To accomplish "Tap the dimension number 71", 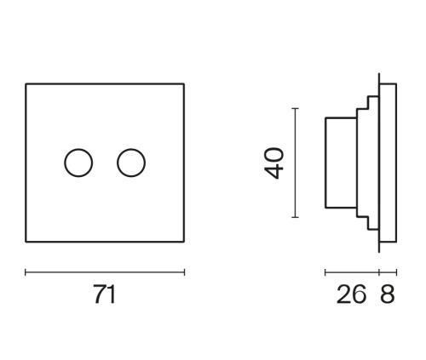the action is click(x=105, y=294).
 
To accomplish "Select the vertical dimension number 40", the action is click(x=273, y=163).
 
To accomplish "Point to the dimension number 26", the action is click(x=351, y=294).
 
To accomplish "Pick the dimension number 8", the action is click(x=388, y=294).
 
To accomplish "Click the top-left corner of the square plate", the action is click(x=26, y=83).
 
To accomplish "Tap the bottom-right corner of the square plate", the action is click(x=184, y=242).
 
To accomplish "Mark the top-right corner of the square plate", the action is click(x=184, y=83).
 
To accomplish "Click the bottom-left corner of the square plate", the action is click(x=26, y=242).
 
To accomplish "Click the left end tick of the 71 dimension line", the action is click(x=26, y=272).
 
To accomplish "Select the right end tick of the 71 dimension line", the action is click(x=184, y=272).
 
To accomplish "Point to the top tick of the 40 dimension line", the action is click(x=296, y=108).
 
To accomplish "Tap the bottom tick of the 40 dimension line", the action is click(x=296, y=217).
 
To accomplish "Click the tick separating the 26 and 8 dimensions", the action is click(x=379, y=272).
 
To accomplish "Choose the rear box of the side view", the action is click(x=325, y=163).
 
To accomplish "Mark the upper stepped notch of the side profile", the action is click(x=367, y=103).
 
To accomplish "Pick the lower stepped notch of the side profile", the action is click(x=367, y=223).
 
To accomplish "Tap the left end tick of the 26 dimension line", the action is click(x=325, y=272).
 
